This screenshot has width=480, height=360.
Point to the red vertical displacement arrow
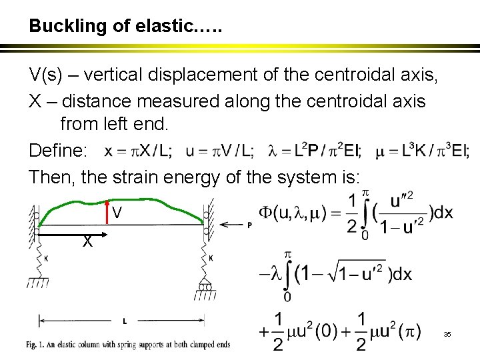point(107,207)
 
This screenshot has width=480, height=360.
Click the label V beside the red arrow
point(117,214)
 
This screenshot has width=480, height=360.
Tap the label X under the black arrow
point(87,243)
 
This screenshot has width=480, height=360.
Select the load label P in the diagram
point(250,225)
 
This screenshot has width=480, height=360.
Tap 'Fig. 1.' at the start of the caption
point(39,345)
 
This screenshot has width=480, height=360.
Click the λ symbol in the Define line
point(271,151)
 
